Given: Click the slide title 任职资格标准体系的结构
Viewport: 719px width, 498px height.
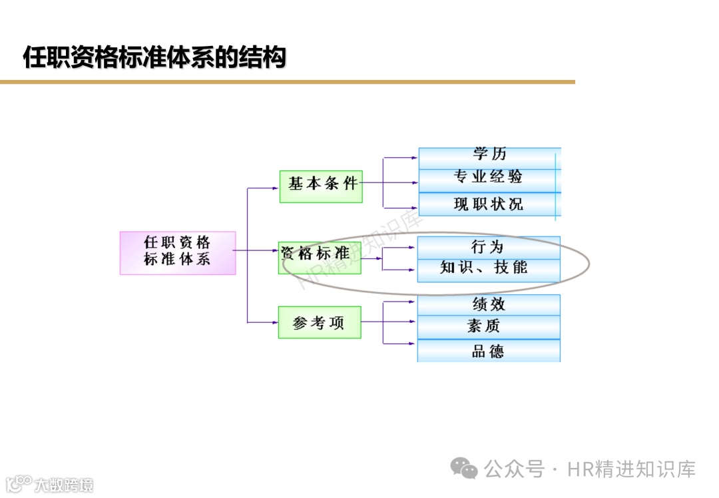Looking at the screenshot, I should [x=154, y=57].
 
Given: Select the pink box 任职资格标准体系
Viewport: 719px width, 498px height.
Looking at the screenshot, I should [x=178, y=252].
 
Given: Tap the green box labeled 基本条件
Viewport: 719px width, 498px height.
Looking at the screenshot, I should [x=321, y=186].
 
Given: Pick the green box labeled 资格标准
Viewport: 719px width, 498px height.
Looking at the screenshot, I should [x=319, y=258].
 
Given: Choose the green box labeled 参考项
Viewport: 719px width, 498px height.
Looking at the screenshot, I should [x=320, y=322].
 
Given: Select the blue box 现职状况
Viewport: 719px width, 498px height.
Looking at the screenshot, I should [x=489, y=204].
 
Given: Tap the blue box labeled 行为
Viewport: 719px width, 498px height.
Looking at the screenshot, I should [x=489, y=248].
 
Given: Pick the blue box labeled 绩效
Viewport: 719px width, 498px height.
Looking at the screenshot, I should [x=489, y=305].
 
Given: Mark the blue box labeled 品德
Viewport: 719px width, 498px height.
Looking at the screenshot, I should [x=489, y=351].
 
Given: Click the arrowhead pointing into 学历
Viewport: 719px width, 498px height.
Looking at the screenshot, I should [x=415, y=158].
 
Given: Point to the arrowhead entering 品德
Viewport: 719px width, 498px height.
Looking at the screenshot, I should [x=413, y=344].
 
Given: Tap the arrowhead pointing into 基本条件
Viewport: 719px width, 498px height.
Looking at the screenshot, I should [x=276, y=188].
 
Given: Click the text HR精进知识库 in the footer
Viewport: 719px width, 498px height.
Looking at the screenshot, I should [x=631, y=469].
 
